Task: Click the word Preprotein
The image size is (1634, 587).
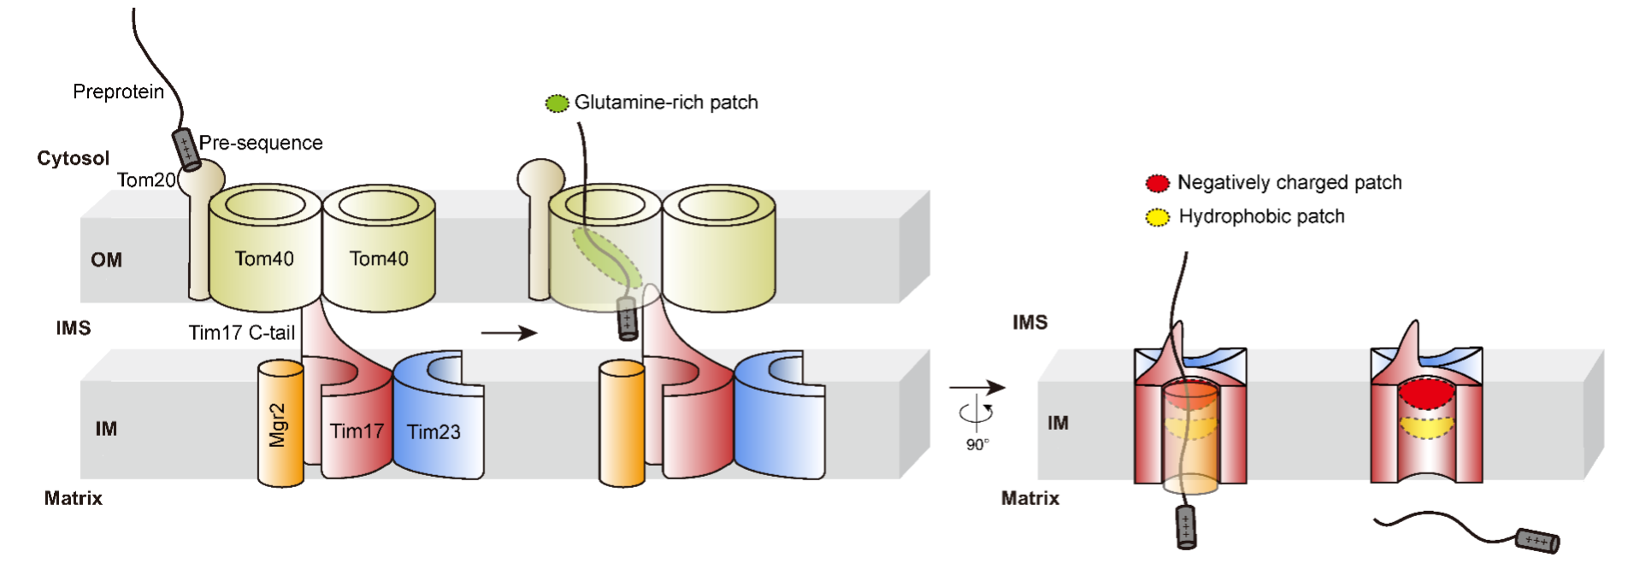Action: [118, 91]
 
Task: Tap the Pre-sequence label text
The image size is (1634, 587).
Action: [261, 143]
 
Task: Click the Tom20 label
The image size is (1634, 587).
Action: [146, 179]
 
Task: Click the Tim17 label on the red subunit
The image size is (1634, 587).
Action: [357, 431]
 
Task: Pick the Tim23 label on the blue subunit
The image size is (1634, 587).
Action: [434, 432]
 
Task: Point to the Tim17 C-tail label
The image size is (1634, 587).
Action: [242, 332]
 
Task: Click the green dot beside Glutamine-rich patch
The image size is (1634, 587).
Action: [557, 104]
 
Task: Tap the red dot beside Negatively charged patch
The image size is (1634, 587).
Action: [1158, 183]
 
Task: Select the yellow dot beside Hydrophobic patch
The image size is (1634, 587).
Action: [1158, 218]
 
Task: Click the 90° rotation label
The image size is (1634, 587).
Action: [976, 445]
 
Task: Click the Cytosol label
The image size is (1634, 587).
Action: [74, 158]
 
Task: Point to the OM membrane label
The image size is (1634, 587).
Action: [106, 260]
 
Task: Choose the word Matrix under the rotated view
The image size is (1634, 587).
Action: [1030, 498]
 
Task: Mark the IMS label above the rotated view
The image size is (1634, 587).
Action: [1029, 322]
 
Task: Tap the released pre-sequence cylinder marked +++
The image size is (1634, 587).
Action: [1537, 540]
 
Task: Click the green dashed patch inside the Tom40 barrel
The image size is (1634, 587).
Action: [607, 257]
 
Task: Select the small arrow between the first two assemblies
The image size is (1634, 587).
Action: [509, 332]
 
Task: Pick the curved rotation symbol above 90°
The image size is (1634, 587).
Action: [976, 414]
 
